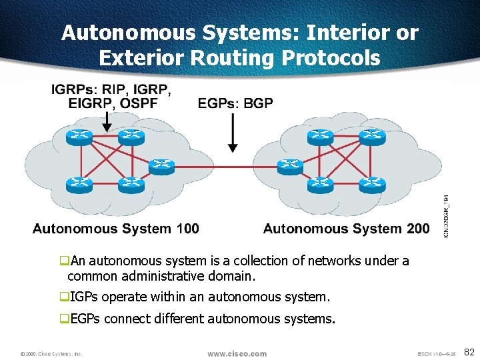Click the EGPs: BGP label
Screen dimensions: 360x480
235,103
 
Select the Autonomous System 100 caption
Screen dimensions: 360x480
115,229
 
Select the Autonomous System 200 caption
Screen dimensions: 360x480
346,229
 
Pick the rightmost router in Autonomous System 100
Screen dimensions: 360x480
161,165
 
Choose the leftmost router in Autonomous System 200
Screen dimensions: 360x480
289,165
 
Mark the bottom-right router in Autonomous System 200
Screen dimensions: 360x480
372,183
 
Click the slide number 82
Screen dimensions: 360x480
469,351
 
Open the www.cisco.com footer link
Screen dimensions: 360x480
237,353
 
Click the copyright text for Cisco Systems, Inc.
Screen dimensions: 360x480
51,354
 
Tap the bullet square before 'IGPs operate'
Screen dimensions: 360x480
65,296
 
